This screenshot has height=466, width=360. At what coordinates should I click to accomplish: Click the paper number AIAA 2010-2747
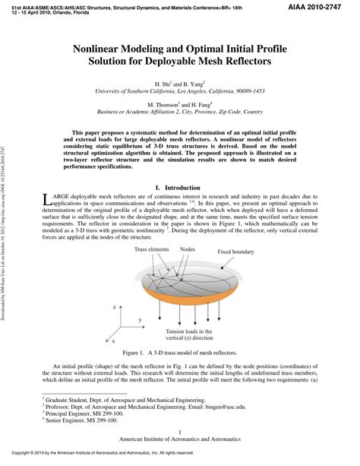tap(325, 6)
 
